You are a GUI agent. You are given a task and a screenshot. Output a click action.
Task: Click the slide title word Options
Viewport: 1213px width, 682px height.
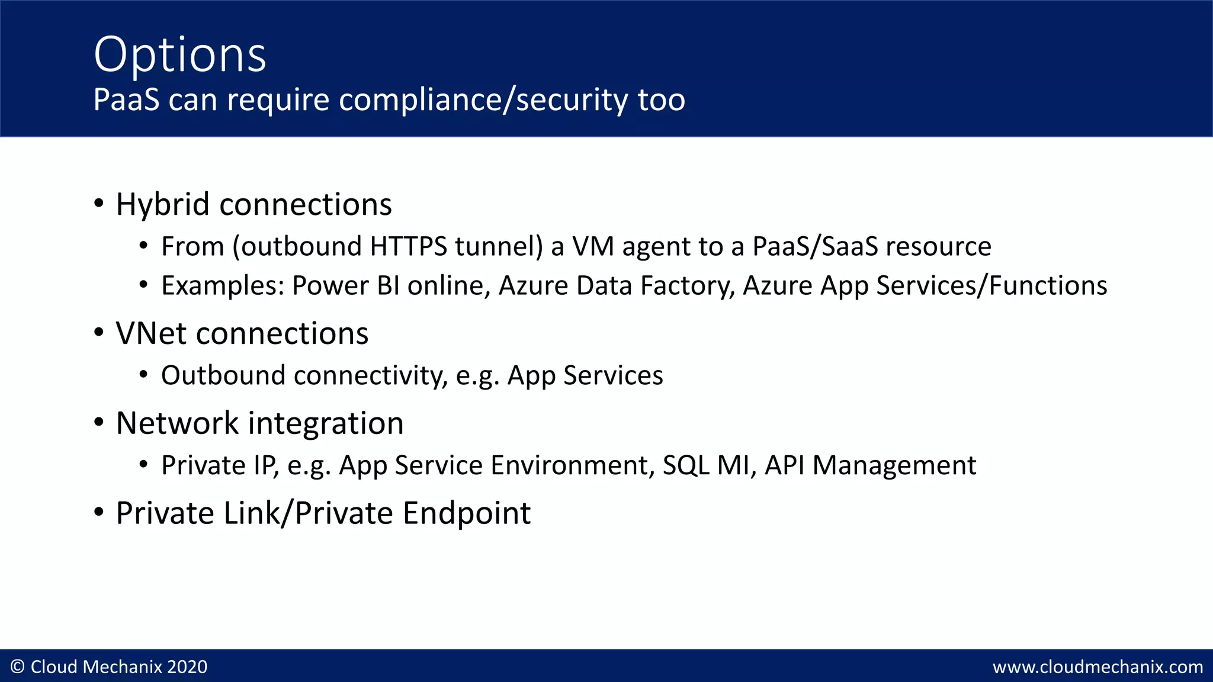179,55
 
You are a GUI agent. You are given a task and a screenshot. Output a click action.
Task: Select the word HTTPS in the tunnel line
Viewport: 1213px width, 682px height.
409,246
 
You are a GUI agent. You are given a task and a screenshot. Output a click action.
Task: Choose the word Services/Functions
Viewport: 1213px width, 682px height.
991,285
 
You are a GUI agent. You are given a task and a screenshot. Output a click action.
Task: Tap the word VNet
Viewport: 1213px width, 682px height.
152,333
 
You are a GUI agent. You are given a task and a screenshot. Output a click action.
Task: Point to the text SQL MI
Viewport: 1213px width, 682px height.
709,465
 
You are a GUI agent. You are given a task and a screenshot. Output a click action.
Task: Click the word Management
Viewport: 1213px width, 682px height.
894,465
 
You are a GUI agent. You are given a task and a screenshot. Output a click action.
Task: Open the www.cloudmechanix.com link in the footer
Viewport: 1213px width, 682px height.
1098,667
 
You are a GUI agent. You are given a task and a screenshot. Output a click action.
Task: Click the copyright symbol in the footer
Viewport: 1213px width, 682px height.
18,667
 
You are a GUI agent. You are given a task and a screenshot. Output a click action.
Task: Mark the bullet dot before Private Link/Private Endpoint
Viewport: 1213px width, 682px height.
99,512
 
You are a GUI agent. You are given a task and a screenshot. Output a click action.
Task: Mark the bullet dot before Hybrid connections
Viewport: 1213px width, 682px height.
99,204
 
